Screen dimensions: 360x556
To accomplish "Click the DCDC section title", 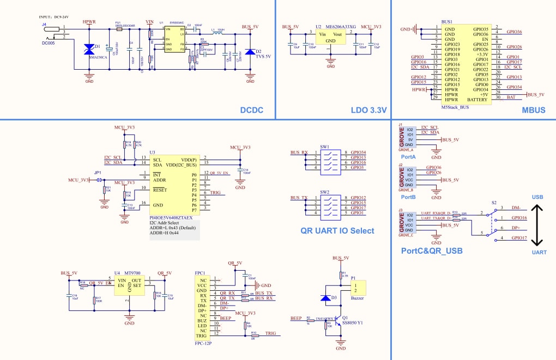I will click(x=252, y=111).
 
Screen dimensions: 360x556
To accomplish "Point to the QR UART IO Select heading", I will click(x=337, y=230).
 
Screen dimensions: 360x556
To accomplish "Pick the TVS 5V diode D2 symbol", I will click(x=250, y=52).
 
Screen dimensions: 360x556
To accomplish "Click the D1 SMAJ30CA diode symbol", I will click(x=89, y=50).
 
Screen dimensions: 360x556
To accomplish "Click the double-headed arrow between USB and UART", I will click(x=537, y=225).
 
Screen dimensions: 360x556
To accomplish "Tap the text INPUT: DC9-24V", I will click(x=58, y=18).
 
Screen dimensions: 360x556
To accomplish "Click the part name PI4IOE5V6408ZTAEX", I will click(x=174, y=217).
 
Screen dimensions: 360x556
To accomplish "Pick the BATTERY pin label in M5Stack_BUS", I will click(x=477, y=100).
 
